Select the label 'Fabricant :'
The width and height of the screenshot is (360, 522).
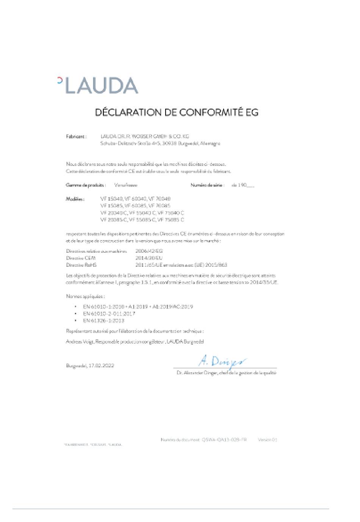[76, 136]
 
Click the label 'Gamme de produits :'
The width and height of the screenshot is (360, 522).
[85, 185]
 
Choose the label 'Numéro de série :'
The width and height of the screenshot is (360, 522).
[208, 185]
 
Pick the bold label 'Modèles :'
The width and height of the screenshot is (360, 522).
[75, 199]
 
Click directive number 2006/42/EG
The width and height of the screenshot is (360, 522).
[149, 251]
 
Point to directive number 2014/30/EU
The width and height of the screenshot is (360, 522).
[149, 258]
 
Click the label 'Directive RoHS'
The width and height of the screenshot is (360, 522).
[81, 265]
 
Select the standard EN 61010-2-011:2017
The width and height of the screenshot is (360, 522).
[109, 314]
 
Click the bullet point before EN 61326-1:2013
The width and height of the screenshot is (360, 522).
[76, 320]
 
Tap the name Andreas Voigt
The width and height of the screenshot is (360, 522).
[80, 342]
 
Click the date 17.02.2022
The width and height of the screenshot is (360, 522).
[101, 366]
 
